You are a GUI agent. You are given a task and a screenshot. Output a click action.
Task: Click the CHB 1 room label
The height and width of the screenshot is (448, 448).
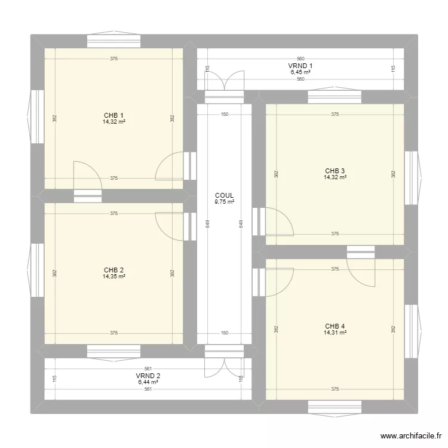[113, 115]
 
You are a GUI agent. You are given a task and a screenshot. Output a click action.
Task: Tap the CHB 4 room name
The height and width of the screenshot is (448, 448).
[335, 326]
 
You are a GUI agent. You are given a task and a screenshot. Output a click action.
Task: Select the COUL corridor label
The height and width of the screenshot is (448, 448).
[224, 195]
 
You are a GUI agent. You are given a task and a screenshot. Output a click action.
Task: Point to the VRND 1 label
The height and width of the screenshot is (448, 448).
[301, 66]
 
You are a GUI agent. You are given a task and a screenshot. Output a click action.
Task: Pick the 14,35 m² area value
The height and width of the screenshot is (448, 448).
[113, 277]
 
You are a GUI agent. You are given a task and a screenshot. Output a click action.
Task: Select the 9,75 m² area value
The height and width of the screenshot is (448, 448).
[224, 202]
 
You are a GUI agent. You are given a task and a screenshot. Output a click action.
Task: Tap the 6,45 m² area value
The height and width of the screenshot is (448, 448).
[301, 72]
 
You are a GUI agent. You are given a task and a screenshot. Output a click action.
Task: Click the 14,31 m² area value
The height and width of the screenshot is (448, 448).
[335, 333]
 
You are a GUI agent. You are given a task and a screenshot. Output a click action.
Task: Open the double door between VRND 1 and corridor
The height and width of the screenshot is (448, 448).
[224, 84]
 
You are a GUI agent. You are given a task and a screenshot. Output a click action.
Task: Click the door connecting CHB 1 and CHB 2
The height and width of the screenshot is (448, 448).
[87, 179]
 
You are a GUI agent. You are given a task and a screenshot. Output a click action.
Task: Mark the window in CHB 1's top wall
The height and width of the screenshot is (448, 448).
[113, 41]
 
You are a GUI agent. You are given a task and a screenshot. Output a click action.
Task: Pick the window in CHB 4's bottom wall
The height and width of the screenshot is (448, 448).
[335, 407]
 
